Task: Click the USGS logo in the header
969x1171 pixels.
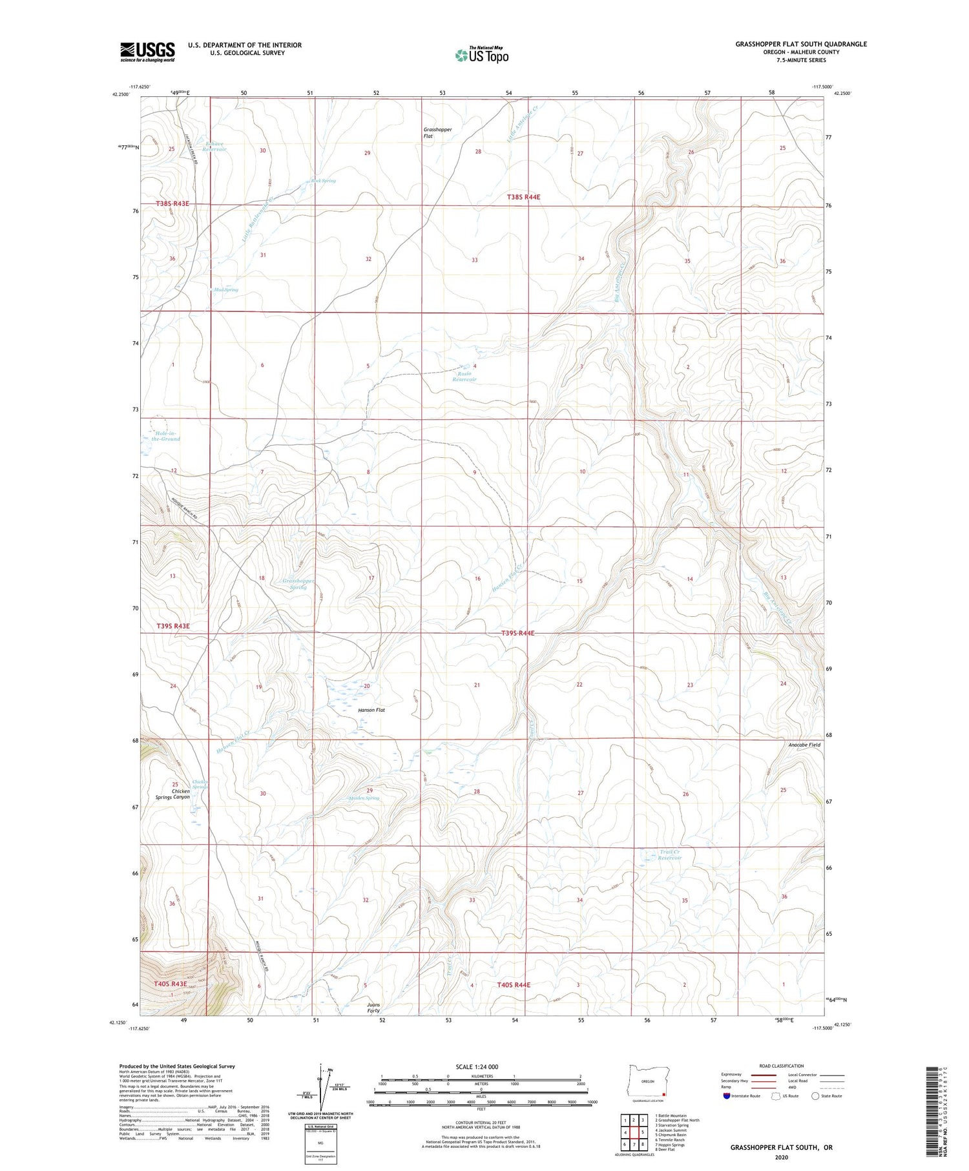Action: tap(147, 52)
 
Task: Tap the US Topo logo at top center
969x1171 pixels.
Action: tap(481, 55)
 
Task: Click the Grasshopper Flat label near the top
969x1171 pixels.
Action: tap(437, 133)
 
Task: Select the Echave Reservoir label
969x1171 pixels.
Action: tap(214, 147)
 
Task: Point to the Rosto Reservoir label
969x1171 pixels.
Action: tap(464, 377)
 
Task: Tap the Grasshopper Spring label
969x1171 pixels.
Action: tap(298, 584)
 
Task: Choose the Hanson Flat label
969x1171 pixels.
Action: tap(371, 710)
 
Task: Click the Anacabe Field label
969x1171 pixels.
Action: tap(804, 745)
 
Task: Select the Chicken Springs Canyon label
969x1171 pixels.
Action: tap(172, 794)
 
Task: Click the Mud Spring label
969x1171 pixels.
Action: tap(226, 290)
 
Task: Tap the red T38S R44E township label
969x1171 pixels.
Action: tap(523, 196)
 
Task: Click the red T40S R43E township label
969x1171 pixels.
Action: tap(170, 984)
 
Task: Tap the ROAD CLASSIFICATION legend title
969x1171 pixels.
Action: tap(782, 1066)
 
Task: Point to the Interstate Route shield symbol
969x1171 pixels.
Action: tap(727, 1096)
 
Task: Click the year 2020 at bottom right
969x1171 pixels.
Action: tap(782, 1157)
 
